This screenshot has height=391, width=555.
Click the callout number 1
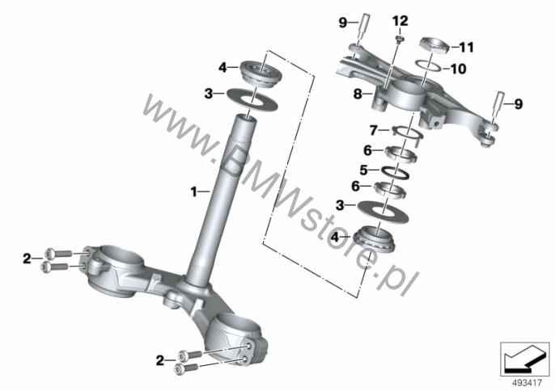tap(193, 191)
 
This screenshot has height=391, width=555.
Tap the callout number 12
tap(401, 19)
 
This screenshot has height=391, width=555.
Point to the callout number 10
tap(458, 69)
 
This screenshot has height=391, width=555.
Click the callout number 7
tap(374, 129)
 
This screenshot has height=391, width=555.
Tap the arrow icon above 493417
tap(523, 355)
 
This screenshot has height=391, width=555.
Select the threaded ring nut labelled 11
tap(436, 46)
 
